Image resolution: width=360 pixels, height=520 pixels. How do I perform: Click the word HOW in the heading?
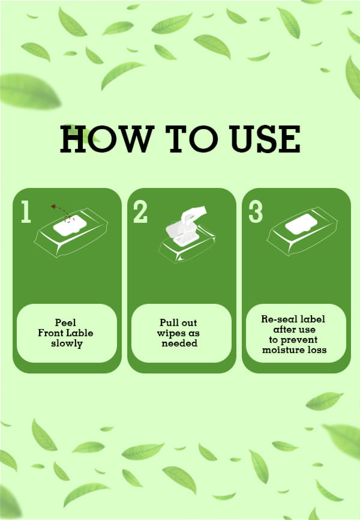(107, 139)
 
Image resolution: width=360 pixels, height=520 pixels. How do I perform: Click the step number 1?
(26, 211)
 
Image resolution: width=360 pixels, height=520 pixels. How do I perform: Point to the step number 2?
(140, 211)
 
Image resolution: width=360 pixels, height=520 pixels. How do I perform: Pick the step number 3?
(256, 211)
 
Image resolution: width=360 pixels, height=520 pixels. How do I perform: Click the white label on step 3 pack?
(301, 224)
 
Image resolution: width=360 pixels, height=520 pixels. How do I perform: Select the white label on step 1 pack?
(70, 226)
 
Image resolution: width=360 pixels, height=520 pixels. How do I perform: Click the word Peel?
(65, 322)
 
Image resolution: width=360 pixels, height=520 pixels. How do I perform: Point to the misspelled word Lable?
(80, 333)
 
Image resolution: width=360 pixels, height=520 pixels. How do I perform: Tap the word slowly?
(67, 343)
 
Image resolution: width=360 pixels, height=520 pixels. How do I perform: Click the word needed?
(179, 343)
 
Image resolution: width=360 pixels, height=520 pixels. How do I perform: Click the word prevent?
(299, 340)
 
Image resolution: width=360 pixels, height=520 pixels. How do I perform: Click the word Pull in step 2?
(167, 322)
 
